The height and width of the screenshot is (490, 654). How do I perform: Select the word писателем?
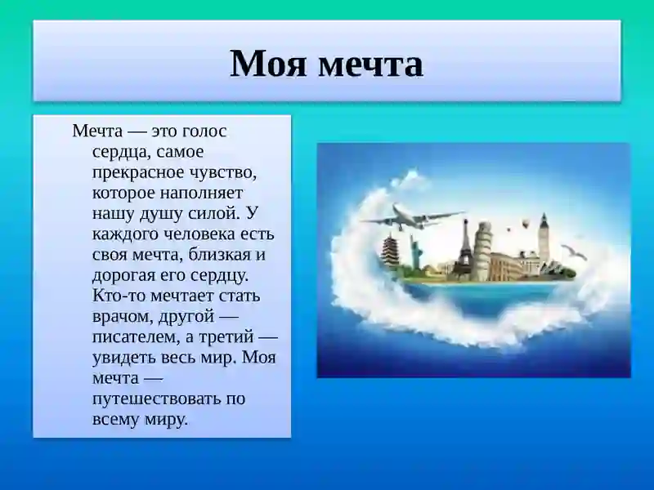[x=134, y=336]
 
